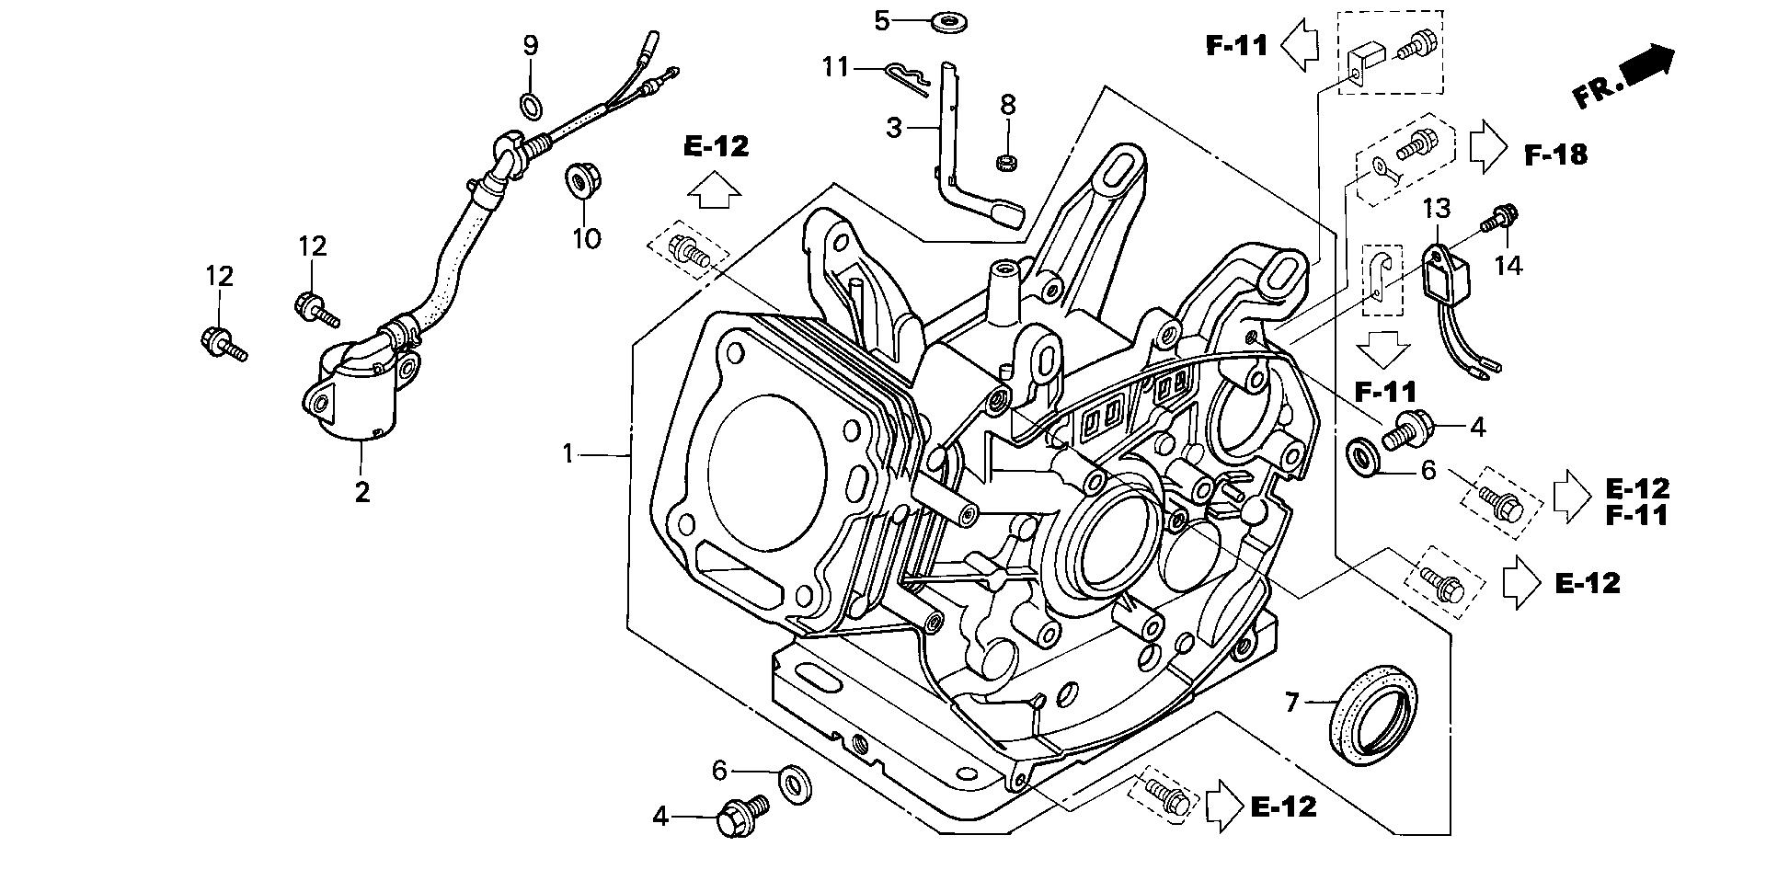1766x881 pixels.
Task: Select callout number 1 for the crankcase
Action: (568, 453)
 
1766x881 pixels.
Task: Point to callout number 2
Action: (362, 492)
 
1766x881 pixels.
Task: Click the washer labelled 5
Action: (942, 20)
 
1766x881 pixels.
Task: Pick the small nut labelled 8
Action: (1006, 163)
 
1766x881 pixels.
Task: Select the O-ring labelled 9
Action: (532, 107)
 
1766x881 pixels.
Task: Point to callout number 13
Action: (1437, 209)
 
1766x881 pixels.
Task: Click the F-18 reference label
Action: (1555, 154)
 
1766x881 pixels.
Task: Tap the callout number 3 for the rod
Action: (894, 128)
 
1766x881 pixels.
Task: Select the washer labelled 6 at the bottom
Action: (795, 781)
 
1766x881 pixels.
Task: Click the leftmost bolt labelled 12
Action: (219, 343)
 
